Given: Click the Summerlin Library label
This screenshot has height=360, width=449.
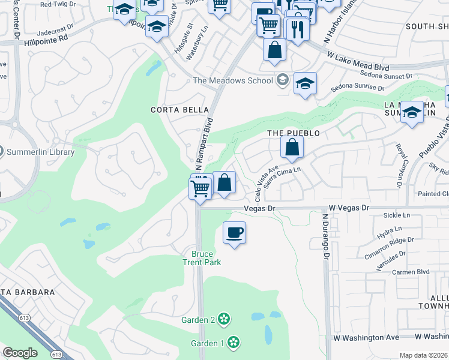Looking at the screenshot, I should pyautogui.click(x=41, y=152).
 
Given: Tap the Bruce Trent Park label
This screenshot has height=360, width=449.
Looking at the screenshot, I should pyautogui.click(x=202, y=258).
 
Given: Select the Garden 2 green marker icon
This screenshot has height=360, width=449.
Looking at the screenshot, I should pyautogui.click(x=224, y=319).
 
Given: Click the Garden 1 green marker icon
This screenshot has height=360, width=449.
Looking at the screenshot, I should pyautogui.click(x=234, y=343).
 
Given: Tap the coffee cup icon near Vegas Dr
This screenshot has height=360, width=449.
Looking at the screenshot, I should pyautogui.click(x=234, y=232).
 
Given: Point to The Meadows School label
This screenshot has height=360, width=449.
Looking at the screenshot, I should pyautogui.click(x=232, y=81).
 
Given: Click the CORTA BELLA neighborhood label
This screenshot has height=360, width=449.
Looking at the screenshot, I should pyautogui.click(x=179, y=110).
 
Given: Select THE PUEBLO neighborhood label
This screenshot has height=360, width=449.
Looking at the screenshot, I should pyautogui.click(x=293, y=133).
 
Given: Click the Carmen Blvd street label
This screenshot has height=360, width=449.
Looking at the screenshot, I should pyautogui.click(x=411, y=272).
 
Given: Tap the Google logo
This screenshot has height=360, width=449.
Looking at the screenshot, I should pyautogui.click(x=20, y=353).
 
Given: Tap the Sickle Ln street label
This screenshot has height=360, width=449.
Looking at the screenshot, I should pyautogui.click(x=397, y=215).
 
